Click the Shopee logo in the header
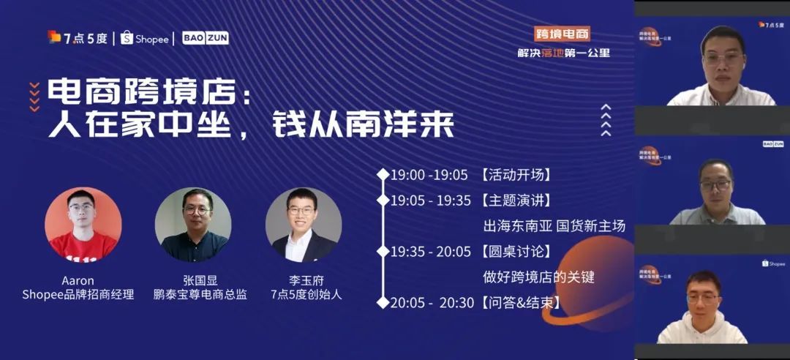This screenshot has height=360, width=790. pos(144,38)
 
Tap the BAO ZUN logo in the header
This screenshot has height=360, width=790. pos(205,38)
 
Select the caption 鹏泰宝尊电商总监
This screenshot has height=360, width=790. pos(200,295)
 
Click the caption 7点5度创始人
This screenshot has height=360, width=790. pos(306,295)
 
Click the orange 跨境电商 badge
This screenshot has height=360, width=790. pos(562,34)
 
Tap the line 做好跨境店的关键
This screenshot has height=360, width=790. pos(538,277)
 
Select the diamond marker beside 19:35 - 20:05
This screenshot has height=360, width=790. pos(383,252)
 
